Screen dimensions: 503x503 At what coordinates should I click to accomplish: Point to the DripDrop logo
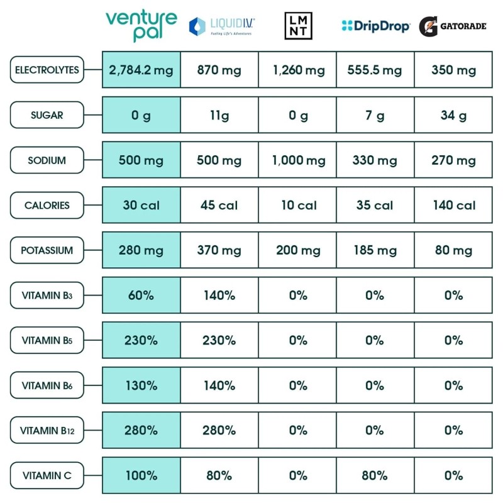[375, 26]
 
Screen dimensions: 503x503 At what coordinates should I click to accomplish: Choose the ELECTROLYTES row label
[47, 70]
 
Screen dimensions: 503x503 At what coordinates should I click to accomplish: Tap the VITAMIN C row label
[47, 475]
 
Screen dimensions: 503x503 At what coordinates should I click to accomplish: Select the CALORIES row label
[47, 205]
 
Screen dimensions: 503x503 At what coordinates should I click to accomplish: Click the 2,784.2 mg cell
[141, 70]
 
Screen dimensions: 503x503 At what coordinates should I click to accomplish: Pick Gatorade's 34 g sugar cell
[453, 116]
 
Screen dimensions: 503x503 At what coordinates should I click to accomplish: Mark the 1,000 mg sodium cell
[298, 160]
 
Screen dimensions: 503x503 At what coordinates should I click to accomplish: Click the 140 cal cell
[453, 205]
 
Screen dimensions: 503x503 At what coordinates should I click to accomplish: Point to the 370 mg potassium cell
[219, 250]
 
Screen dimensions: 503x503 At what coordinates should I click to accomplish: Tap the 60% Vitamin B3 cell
[141, 295]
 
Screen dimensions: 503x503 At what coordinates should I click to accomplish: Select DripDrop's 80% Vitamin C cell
[375, 475]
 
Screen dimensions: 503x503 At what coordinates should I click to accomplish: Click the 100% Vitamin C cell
[141, 475]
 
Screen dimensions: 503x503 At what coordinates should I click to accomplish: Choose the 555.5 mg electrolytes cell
[375, 70]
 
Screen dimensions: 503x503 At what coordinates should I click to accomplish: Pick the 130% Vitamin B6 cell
[141, 385]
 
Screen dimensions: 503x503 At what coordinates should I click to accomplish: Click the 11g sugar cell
[219, 116]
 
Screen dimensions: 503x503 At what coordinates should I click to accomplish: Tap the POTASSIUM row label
[47, 250]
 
